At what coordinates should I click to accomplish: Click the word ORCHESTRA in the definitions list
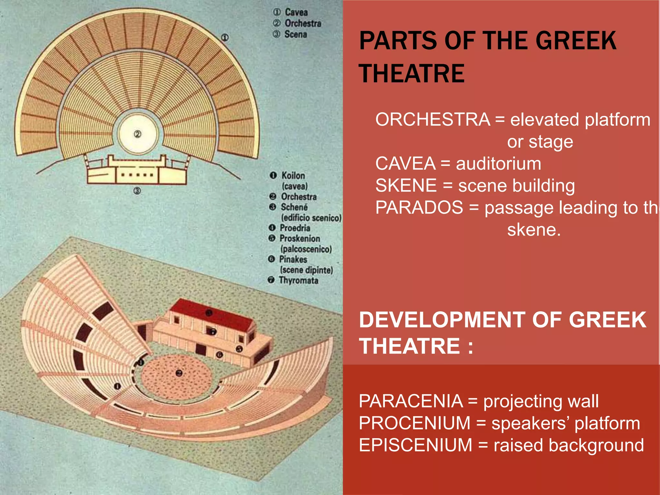point(432,120)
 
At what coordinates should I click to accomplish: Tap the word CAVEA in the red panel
point(405,163)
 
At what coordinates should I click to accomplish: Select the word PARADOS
point(419,207)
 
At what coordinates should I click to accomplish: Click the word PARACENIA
point(411,401)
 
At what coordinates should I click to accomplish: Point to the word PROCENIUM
point(414,423)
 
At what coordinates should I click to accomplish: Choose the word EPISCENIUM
point(415,445)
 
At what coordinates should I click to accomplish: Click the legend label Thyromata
point(298,280)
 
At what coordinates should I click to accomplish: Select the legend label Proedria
point(295,228)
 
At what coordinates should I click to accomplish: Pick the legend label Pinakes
point(293,259)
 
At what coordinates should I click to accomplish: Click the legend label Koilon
point(293,176)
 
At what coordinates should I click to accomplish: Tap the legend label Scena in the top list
point(296,34)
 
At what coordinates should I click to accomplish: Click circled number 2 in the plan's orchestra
point(138,134)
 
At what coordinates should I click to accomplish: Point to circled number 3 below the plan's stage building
point(137,191)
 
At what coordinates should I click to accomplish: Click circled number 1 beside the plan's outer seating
point(225,38)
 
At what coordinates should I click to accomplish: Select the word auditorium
point(498,163)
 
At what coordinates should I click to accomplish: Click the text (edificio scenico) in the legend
point(311,218)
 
